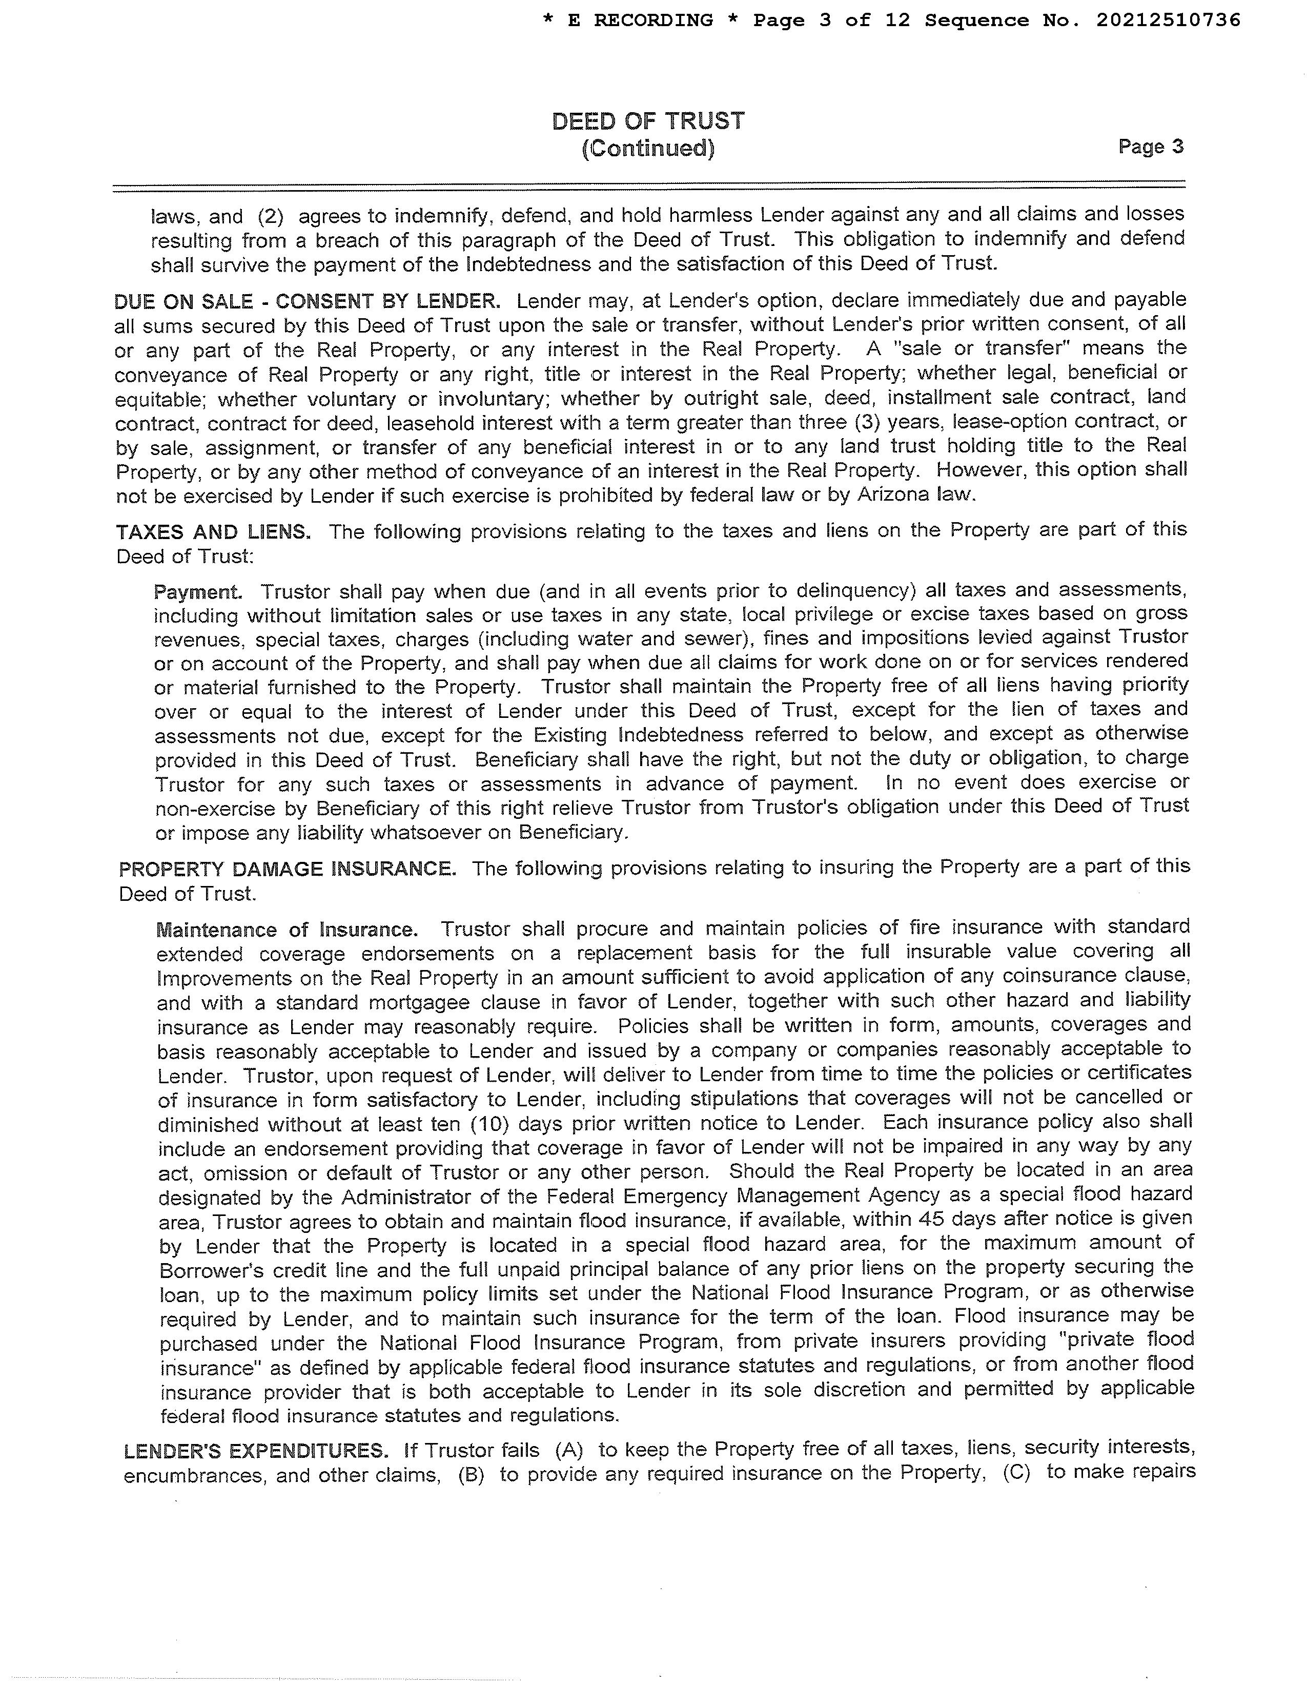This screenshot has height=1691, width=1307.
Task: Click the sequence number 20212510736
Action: click(1168, 20)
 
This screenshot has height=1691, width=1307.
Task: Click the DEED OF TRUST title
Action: click(648, 121)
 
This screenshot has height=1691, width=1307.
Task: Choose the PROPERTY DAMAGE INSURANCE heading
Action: click(287, 868)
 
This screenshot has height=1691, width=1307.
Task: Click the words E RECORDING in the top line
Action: click(640, 20)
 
